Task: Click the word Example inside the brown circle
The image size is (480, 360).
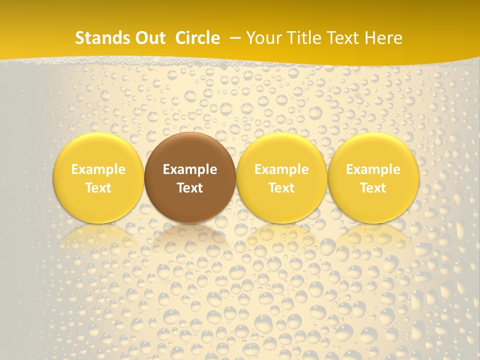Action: (x=190, y=169)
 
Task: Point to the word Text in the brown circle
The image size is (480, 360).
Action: (x=190, y=188)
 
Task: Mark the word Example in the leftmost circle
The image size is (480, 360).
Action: (x=98, y=169)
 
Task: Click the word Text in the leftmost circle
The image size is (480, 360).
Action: (x=98, y=188)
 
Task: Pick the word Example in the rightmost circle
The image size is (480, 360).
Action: (x=373, y=169)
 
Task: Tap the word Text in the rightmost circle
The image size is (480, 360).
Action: (x=373, y=188)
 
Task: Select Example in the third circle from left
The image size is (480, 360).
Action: (x=281, y=169)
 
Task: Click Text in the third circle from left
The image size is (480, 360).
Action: (x=281, y=188)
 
